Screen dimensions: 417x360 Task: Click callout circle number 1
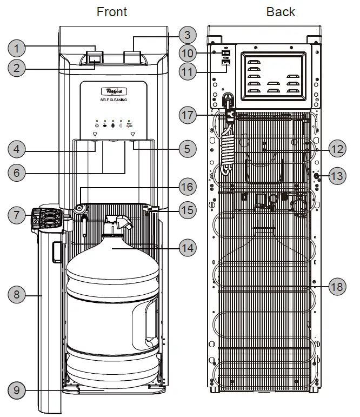click(x=19, y=49)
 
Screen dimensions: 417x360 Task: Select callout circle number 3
click(x=186, y=35)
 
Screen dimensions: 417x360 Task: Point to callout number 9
click(x=19, y=389)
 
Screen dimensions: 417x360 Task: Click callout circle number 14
click(x=186, y=248)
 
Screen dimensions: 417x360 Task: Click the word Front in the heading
click(x=112, y=11)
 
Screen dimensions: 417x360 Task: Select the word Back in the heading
click(x=281, y=11)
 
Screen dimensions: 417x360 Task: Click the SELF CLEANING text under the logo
click(x=113, y=100)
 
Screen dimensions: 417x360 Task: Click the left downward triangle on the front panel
click(x=95, y=134)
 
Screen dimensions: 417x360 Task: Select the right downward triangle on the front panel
click(x=132, y=134)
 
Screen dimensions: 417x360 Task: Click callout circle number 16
click(x=186, y=187)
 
